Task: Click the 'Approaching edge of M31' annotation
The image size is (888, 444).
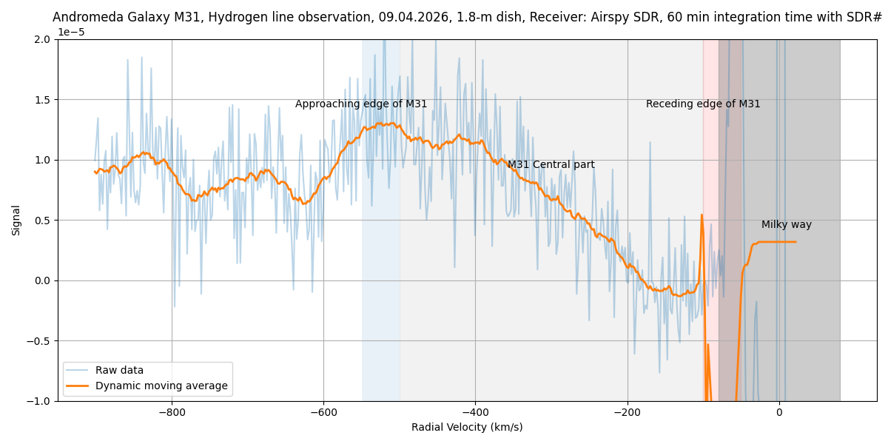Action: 361,104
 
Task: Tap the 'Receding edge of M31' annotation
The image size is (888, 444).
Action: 703,104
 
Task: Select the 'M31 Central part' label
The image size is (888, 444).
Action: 551,165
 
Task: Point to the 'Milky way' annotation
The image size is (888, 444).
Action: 786,225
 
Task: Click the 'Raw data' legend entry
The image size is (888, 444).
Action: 119,371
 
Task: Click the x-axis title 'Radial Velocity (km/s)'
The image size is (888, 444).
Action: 467,428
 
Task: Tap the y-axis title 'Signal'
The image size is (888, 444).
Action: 16,221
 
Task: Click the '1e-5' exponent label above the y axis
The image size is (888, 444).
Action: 71,33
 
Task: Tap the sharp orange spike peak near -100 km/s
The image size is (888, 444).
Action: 702,215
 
